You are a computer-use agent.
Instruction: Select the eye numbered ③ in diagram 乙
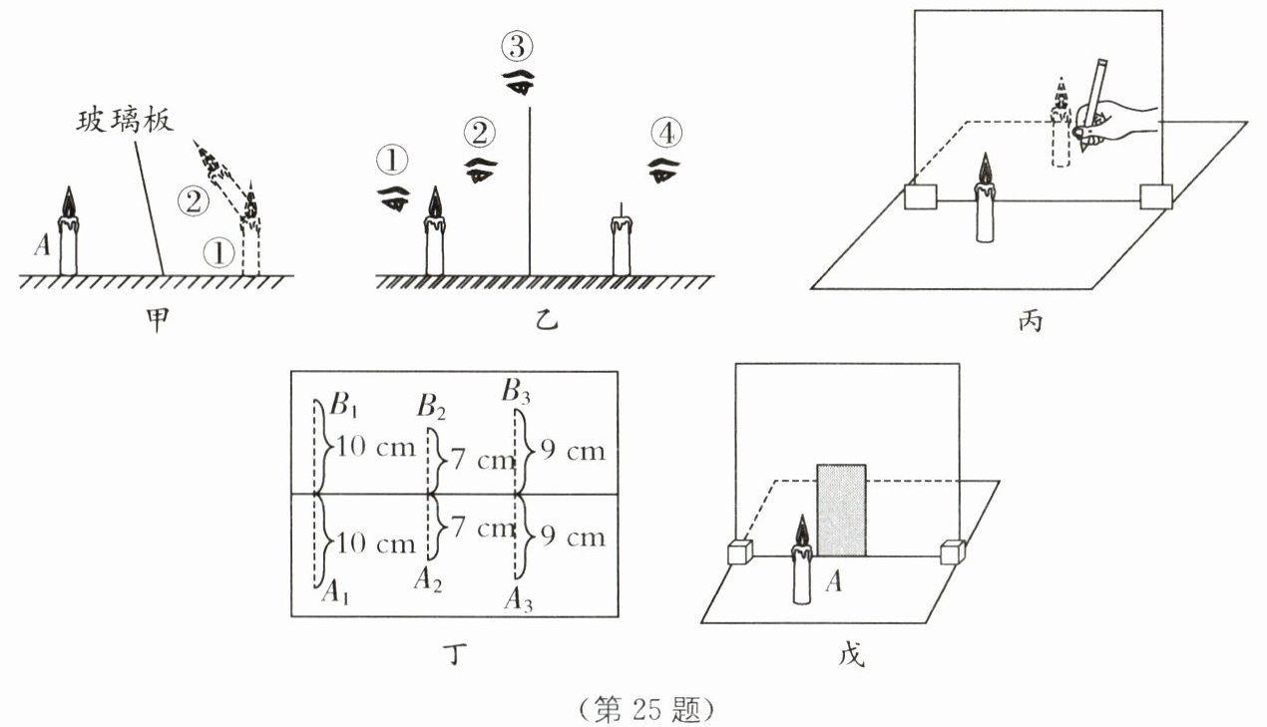pos(518,83)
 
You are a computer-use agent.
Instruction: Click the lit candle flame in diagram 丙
pos(986,171)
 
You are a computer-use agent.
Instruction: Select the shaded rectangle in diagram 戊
pos(841,510)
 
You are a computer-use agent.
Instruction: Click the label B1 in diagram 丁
pos(342,407)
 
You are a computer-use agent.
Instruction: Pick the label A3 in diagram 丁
pos(518,598)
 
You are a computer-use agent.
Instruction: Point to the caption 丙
pos(1028,321)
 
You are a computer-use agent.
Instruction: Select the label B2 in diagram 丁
pos(432,407)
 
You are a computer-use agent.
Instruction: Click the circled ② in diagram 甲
pos(193,200)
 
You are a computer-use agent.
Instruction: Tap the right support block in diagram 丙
pos(1156,196)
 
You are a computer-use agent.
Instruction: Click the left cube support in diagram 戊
pos(739,552)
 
